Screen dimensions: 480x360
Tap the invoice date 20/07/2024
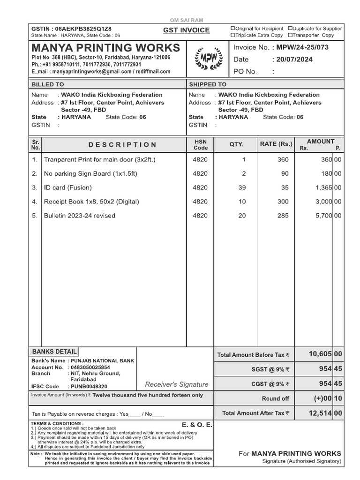(x=294, y=60)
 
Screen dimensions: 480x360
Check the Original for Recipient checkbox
(x=232, y=29)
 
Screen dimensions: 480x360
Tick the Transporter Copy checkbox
(x=290, y=35)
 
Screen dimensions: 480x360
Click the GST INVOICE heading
(x=186, y=30)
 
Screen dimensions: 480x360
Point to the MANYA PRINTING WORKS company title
(x=105, y=48)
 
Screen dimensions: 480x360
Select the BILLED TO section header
(x=48, y=84)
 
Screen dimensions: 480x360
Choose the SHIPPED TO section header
(x=208, y=84)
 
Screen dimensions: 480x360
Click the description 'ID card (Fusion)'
(x=68, y=187)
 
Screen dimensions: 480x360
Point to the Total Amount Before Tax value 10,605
(x=320, y=354)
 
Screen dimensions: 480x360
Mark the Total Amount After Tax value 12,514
(x=320, y=413)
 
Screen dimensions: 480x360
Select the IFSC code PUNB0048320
(x=89, y=387)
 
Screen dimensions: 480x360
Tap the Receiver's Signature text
(x=176, y=384)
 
